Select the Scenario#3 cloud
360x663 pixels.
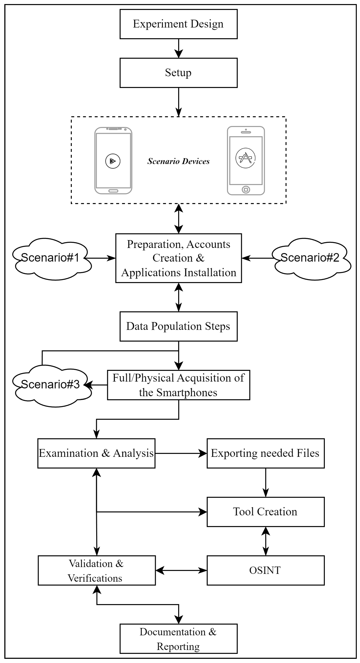[x=51, y=385]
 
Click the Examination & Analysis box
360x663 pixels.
[x=96, y=453]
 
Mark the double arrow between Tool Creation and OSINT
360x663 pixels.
[x=265, y=541]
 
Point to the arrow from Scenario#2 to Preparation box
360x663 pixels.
[x=257, y=258]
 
